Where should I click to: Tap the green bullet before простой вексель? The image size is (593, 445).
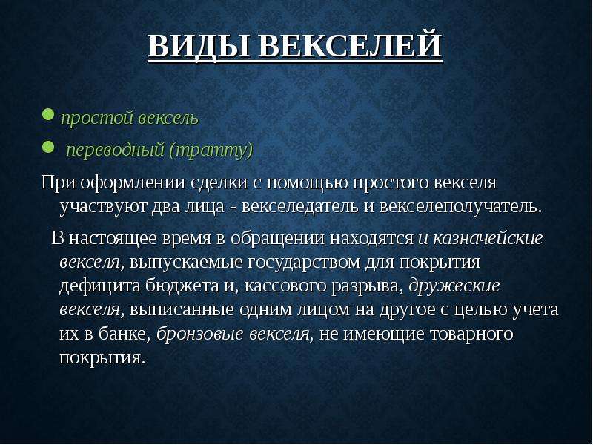click(48, 114)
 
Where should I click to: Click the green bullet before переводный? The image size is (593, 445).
click(48, 147)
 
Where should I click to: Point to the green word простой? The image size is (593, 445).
click(97, 118)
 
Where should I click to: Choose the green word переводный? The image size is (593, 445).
click(116, 151)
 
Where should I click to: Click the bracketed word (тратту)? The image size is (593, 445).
click(211, 151)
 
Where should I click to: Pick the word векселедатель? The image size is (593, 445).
click(299, 207)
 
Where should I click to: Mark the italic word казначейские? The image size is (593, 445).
click(488, 238)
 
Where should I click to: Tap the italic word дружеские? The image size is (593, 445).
click(454, 286)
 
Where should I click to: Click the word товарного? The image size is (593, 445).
click(471, 334)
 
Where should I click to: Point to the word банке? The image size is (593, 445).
click(125, 334)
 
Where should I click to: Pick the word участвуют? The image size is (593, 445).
click(103, 208)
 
